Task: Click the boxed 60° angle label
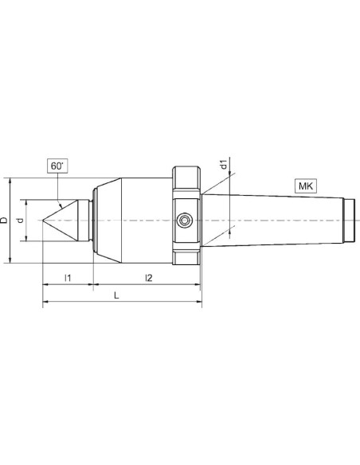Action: tap(57, 166)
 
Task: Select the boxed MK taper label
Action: tap(305, 186)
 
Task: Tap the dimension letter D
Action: tap(4, 220)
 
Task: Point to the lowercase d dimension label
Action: tap(20, 220)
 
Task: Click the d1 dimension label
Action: tap(224, 164)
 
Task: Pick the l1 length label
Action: tap(68, 278)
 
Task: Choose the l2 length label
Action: tap(148, 278)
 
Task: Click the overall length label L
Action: tap(116, 295)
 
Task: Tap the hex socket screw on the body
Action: tap(185, 221)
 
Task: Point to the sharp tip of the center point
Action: tap(43, 221)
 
